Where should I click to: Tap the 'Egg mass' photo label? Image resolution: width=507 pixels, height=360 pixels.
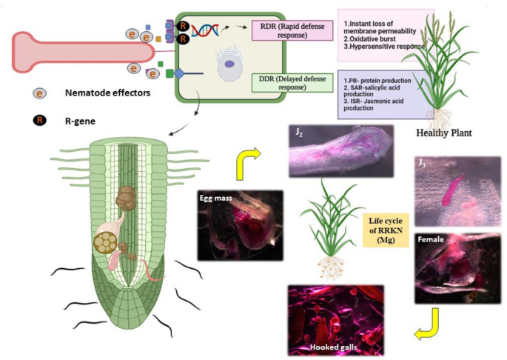(x=215, y=198)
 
